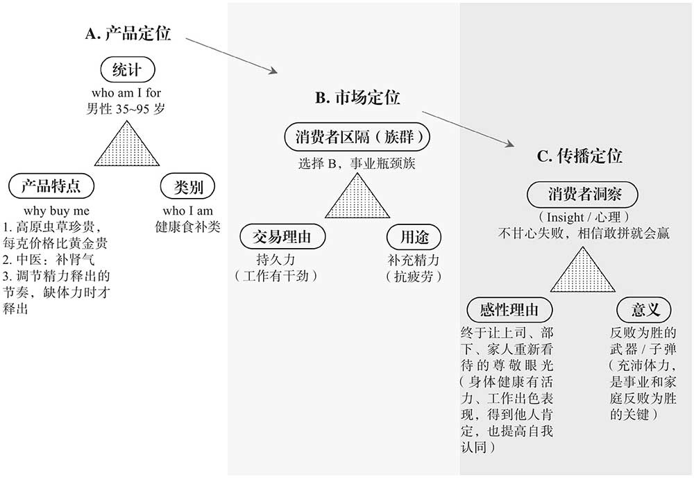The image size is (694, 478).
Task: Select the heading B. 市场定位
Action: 357,97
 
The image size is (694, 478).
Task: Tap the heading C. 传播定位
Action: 579,156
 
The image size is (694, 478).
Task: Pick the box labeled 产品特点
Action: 51,186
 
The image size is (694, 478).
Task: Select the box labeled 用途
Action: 414,238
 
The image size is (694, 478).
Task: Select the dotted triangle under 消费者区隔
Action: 358,200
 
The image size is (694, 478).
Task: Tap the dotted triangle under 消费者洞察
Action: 583,272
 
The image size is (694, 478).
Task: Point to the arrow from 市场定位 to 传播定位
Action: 468,127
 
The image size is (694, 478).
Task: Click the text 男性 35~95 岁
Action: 126,108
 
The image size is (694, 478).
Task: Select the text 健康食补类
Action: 188,226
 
